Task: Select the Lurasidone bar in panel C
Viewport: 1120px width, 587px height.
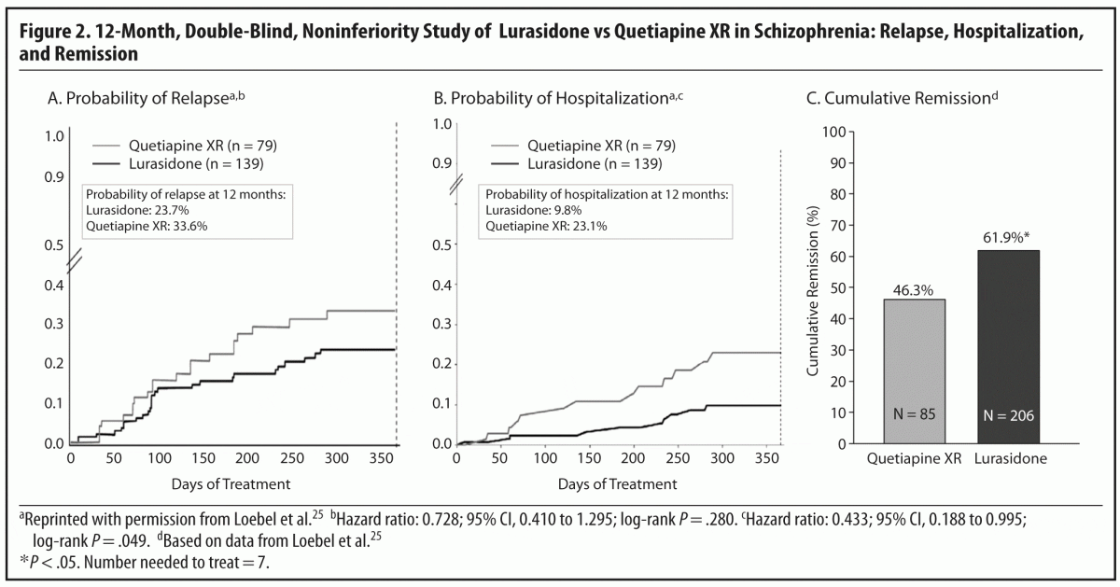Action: tap(998, 346)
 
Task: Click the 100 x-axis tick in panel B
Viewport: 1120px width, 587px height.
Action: tap(544, 458)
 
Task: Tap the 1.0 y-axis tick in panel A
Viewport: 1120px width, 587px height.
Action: tap(55, 136)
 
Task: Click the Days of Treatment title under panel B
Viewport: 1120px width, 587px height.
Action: tap(618, 483)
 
